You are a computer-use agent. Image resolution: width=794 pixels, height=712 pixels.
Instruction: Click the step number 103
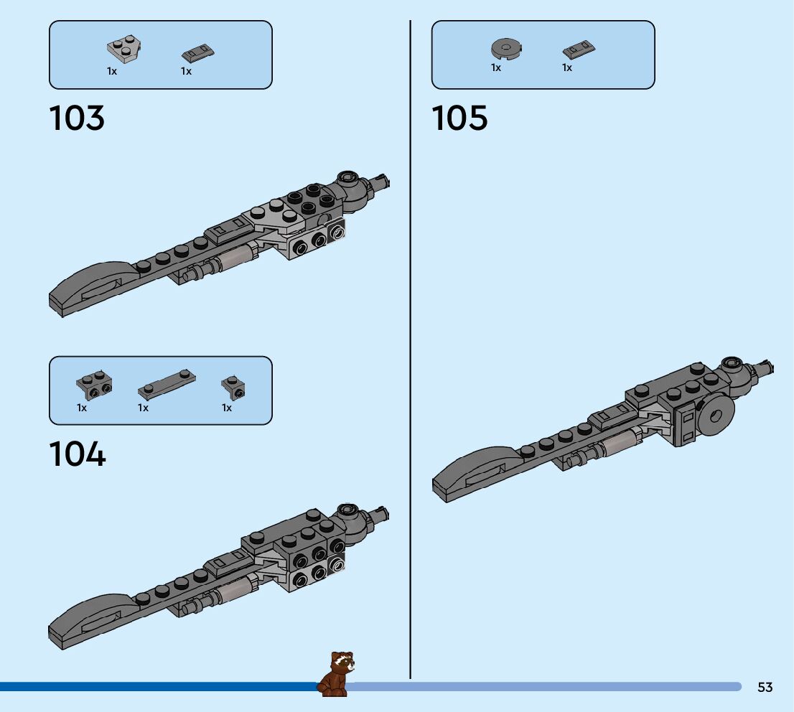click(x=77, y=118)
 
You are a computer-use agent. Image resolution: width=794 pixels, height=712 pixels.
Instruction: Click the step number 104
click(x=77, y=454)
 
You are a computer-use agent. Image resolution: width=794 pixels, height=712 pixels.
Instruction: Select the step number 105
click(x=459, y=118)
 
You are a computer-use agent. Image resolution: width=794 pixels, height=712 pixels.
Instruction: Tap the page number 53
click(x=765, y=687)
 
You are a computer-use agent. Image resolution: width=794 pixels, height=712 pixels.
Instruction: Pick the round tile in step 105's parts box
click(x=505, y=49)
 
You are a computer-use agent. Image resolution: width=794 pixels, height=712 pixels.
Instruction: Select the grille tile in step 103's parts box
click(x=199, y=52)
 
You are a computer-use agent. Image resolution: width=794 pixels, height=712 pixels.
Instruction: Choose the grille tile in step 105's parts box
click(x=579, y=50)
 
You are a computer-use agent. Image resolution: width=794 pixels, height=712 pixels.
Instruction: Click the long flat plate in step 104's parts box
click(x=167, y=385)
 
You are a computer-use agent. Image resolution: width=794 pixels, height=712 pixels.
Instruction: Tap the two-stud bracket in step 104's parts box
click(x=94, y=385)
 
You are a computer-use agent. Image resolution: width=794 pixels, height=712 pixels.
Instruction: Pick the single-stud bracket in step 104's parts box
click(x=234, y=387)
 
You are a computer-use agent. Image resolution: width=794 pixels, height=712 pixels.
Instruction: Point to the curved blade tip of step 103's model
click(x=90, y=288)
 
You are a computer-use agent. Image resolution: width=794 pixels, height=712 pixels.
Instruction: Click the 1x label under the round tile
click(x=496, y=67)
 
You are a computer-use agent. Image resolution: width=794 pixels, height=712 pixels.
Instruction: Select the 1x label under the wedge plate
click(x=112, y=71)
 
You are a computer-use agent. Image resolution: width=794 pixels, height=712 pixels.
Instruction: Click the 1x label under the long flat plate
click(x=144, y=408)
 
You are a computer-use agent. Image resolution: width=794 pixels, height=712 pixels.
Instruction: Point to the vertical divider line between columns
click(x=410, y=359)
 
